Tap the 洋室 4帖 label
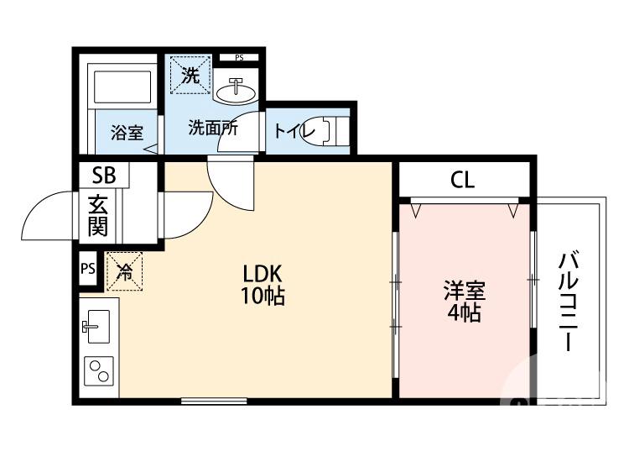(463, 302)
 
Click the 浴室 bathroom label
(127, 133)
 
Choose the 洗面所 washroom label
(211, 129)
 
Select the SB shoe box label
(104, 176)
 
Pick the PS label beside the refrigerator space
(88, 269)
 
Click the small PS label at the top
(239, 58)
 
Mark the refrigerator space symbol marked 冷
(124, 270)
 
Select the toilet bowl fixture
(327, 130)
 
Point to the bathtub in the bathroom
(121, 87)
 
